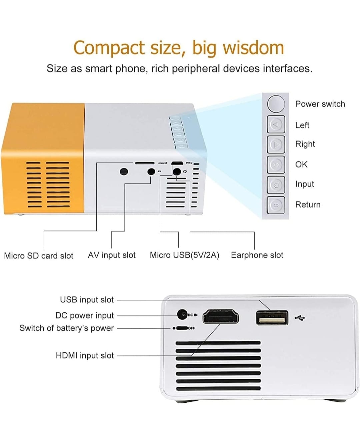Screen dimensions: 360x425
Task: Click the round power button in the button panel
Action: coord(276,104)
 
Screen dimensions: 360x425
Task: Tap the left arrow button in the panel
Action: coord(276,124)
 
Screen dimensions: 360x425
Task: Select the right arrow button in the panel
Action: coord(276,144)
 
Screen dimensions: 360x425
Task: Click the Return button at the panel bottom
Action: coord(276,205)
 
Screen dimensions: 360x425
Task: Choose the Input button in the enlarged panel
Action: coord(276,185)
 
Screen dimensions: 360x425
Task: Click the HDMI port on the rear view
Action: coord(220,317)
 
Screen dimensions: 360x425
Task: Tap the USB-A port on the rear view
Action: coord(272,318)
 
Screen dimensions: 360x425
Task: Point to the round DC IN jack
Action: coord(182,314)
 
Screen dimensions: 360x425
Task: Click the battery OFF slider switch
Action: coord(182,328)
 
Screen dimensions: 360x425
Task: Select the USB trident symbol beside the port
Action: coord(300,318)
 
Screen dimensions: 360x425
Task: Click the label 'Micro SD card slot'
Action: coord(39,256)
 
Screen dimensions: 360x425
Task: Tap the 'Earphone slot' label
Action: coord(257,255)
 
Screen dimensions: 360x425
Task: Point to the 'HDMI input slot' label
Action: coord(85,355)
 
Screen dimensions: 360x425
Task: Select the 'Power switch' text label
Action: coord(320,104)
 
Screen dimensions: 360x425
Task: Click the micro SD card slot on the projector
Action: coord(144,163)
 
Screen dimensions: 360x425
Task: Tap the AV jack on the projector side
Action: coord(151,172)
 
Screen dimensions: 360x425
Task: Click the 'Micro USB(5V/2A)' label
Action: coord(184,255)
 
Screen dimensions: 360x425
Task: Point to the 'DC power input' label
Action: coord(84,315)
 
